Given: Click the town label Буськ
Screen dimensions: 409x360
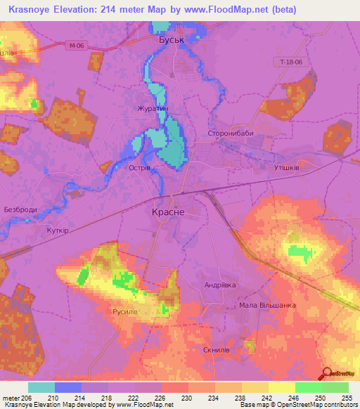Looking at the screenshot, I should click(x=171, y=40).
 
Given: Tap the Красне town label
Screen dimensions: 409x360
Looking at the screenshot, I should click(x=169, y=211).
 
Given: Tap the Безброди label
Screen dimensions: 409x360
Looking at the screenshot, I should click(x=20, y=210).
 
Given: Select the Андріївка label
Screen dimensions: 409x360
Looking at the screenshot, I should click(x=220, y=285).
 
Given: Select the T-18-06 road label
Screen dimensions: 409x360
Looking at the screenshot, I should click(x=292, y=63).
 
